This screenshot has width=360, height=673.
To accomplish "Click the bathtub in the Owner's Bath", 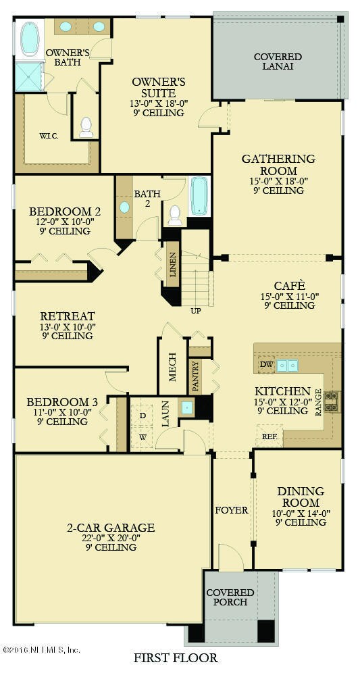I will (x=30, y=39).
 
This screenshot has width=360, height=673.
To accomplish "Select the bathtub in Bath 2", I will (x=199, y=196).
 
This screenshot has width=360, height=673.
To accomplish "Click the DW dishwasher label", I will (x=265, y=365).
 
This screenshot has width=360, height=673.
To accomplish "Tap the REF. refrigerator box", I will (x=270, y=436).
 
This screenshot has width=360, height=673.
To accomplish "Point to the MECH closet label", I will (x=173, y=366).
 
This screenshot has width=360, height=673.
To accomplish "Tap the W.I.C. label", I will (x=49, y=136).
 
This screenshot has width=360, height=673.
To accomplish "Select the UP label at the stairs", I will (x=196, y=311).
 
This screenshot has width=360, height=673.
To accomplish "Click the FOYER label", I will (x=231, y=510).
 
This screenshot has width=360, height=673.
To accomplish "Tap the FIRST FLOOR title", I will (x=176, y=657).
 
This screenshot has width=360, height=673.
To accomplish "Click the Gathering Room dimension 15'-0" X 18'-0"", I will (x=278, y=180).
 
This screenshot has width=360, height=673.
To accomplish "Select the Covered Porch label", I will (x=230, y=597).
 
